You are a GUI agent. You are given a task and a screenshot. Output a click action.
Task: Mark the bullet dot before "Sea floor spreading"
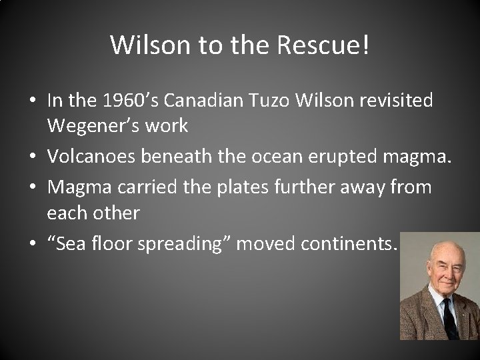[33, 245]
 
